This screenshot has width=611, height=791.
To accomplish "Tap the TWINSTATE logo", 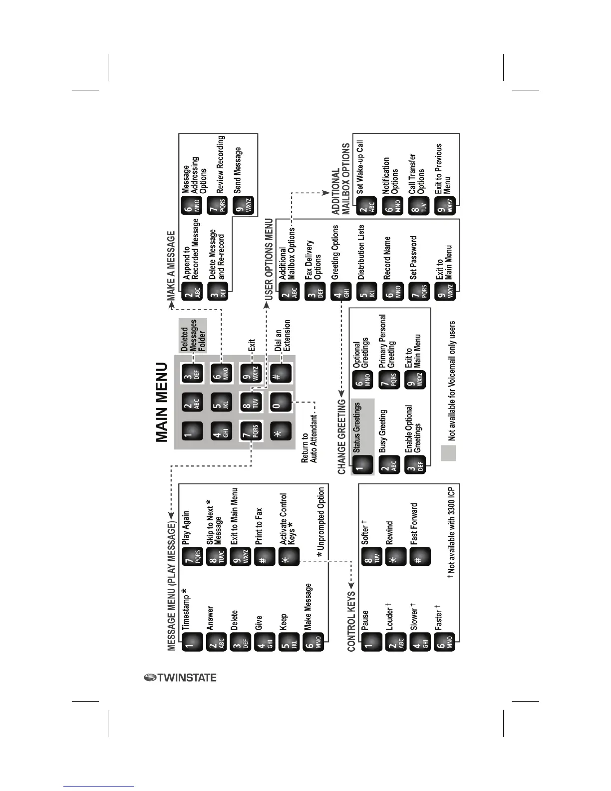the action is (x=180, y=678).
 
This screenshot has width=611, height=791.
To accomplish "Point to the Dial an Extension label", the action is (x=283, y=336).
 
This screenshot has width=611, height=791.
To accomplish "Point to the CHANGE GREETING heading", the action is (x=342, y=436).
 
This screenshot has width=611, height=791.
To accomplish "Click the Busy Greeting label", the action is (x=383, y=431).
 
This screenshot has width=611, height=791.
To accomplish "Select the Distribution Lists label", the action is (x=361, y=252).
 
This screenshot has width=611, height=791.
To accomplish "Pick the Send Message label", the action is (x=238, y=170).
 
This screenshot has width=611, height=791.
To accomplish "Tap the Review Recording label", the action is (x=221, y=164).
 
